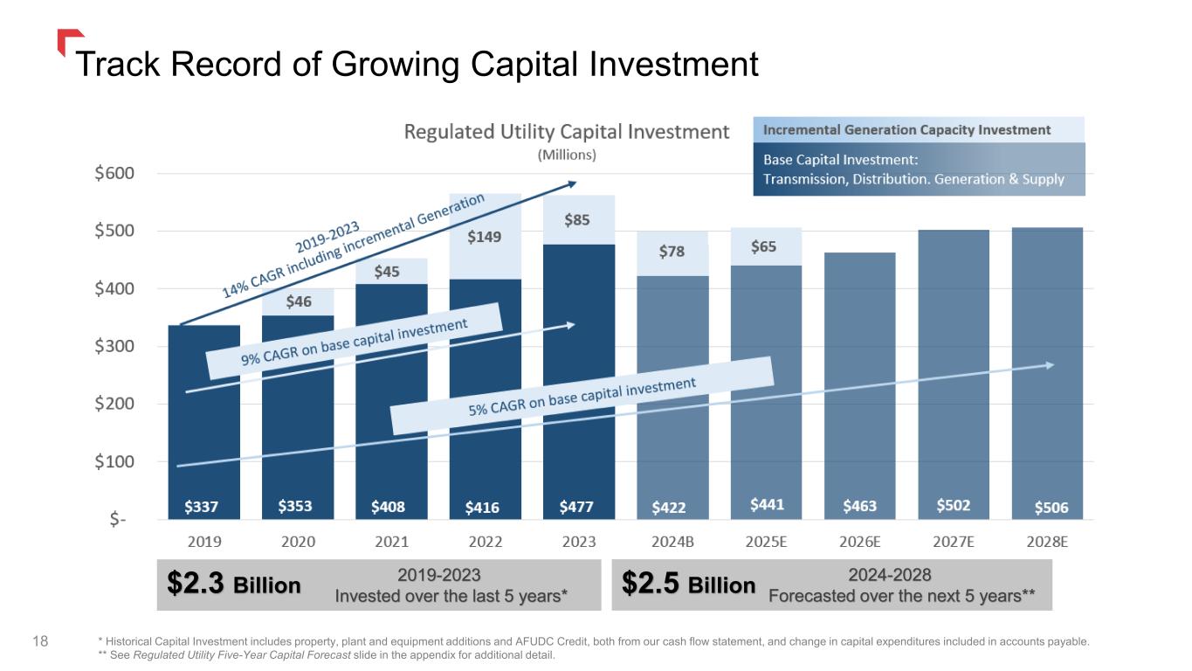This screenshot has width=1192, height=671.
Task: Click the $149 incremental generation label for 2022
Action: point(485,237)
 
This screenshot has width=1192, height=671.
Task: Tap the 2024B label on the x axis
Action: point(672,541)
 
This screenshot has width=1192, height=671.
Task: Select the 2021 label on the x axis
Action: point(391,541)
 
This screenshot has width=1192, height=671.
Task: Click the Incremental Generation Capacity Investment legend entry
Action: point(907,130)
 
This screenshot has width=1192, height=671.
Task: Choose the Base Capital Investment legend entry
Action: point(913,169)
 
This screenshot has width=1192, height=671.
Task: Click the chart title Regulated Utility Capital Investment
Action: point(566,132)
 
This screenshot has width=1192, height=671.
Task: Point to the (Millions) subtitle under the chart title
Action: point(566,155)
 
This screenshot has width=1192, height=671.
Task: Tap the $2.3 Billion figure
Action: point(233,585)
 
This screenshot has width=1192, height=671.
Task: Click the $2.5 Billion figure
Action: point(689,585)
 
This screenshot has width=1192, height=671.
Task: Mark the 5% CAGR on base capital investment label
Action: point(582,395)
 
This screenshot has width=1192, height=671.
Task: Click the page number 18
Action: point(39,642)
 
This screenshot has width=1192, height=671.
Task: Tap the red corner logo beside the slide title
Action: point(67,41)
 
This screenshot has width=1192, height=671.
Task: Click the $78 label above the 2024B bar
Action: point(672,252)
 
